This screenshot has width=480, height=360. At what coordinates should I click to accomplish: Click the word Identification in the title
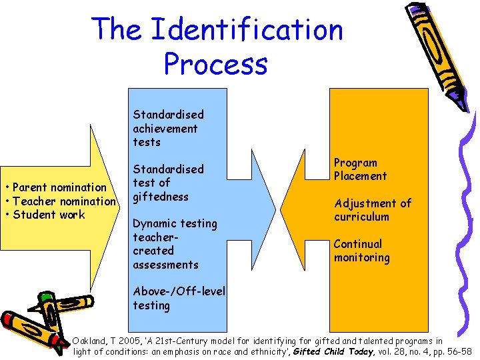[x=247, y=30]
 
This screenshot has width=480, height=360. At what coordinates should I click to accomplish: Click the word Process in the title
[x=215, y=64]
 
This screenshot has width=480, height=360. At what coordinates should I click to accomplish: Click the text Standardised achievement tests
[x=168, y=128]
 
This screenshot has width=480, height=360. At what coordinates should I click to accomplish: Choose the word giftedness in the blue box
[x=161, y=197]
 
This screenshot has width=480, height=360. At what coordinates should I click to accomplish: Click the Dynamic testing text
[x=175, y=223]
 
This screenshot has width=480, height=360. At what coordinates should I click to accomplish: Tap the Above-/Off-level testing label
[x=179, y=298]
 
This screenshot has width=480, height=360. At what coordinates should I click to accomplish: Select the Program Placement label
[x=360, y=169]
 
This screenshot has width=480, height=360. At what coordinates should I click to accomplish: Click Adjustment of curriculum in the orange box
[x=372, y=209]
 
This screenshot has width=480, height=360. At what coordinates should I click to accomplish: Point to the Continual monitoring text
[x=361, y=251]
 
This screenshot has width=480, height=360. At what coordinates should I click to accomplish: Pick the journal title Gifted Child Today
[x=333, y=351]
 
